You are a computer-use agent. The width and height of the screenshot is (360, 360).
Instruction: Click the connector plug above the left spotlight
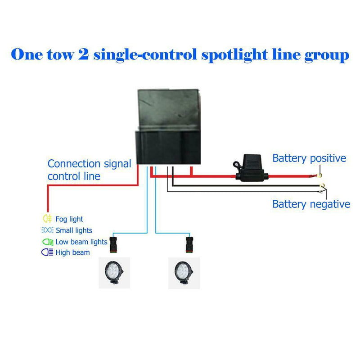(115, 243)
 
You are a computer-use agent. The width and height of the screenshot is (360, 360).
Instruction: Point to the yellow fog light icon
(47, 219)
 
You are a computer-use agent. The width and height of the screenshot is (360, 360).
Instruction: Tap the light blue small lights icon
(47, 230)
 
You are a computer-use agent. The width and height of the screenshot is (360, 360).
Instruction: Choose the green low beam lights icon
(47, 242)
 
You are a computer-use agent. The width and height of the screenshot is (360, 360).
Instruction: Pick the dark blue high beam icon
(47, 252)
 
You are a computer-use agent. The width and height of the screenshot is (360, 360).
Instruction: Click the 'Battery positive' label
(309, 158)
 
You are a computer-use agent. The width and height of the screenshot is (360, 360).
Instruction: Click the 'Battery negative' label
(311, 204)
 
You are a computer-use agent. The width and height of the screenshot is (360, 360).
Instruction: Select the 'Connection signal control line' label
(89, 170)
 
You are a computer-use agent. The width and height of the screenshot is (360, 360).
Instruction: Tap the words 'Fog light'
(69, 219)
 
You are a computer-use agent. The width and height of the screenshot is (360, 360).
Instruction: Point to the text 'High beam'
(72, 252)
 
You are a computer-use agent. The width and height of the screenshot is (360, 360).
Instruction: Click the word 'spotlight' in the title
(239, 55)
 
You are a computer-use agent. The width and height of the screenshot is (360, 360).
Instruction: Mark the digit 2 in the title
(86, 55)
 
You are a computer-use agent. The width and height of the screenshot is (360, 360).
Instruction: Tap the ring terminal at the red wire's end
(320, 177)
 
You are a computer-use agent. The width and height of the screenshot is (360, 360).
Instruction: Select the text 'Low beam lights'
(81, 242)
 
